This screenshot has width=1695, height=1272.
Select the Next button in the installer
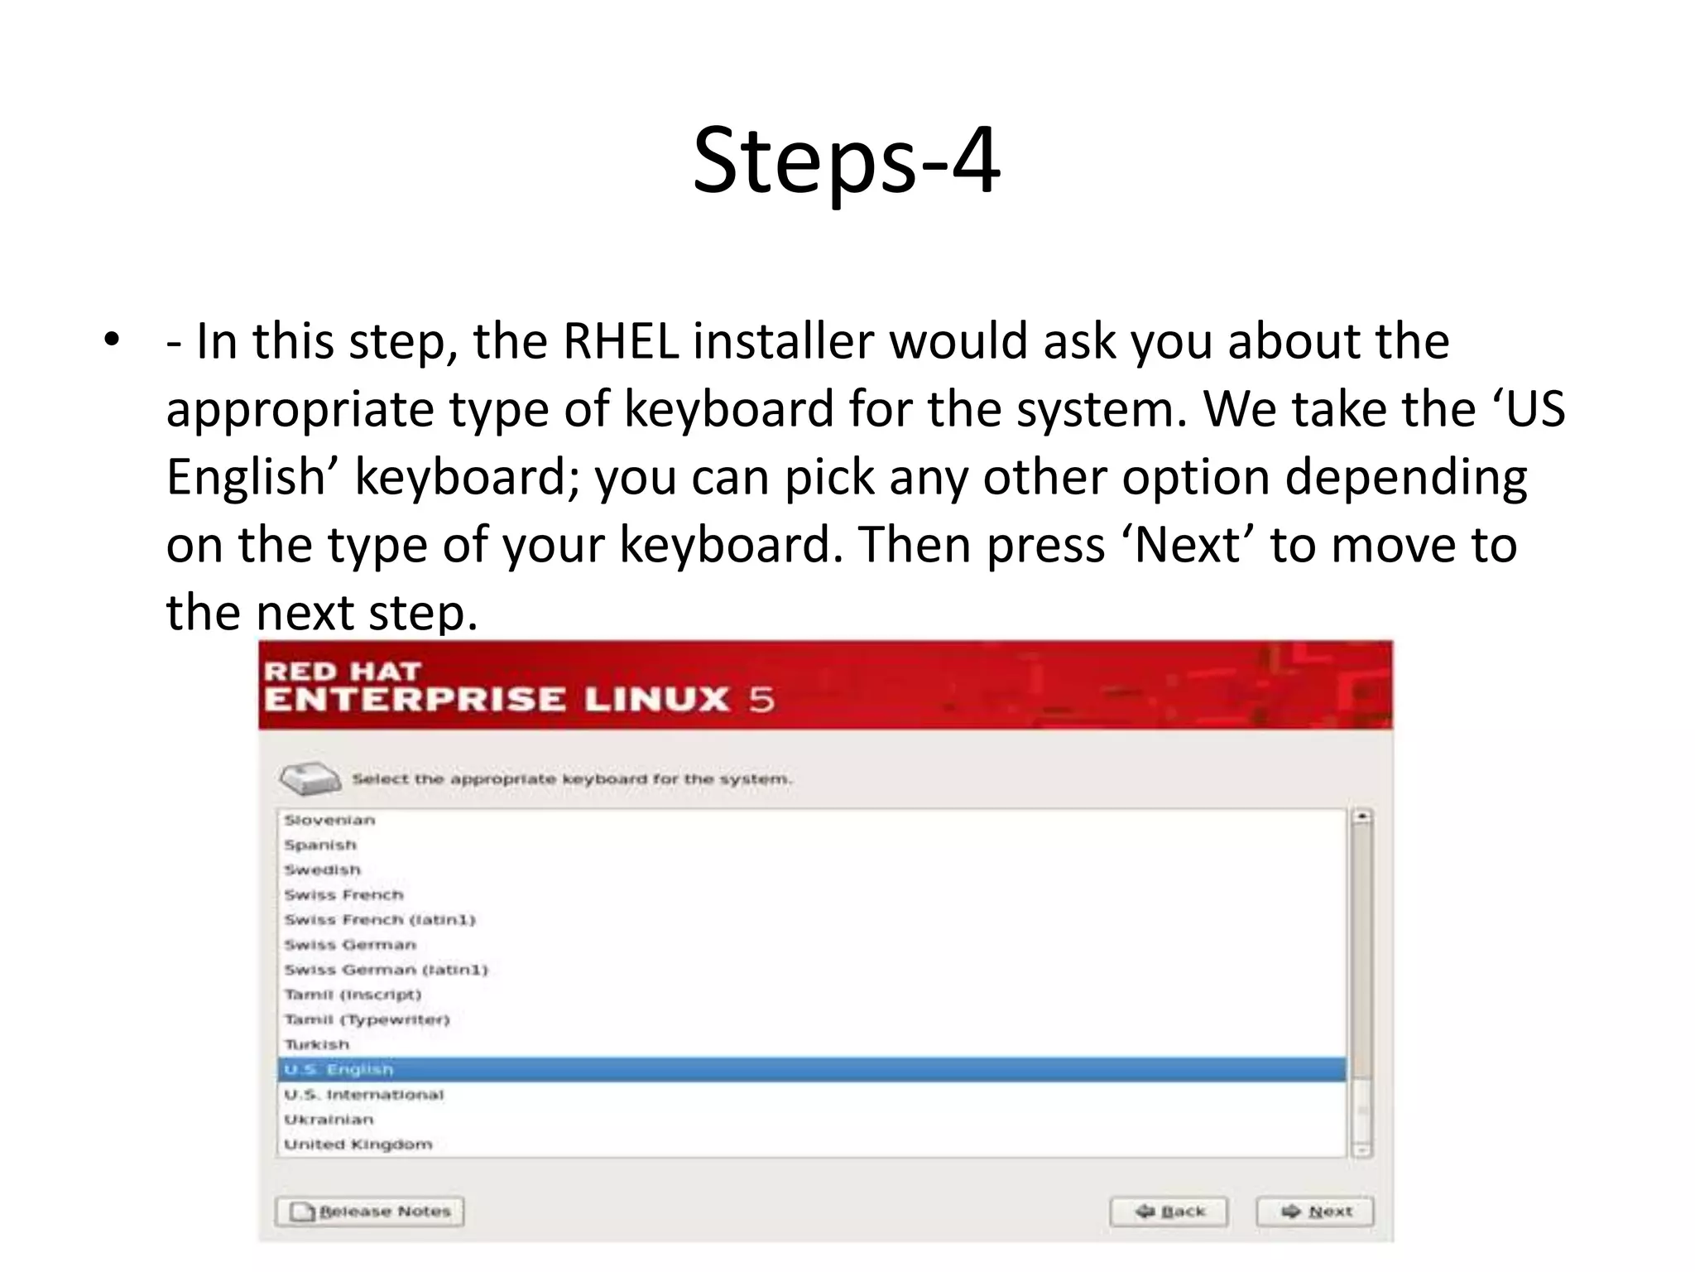click(x=1315, y=1212)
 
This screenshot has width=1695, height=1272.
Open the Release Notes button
click(x=369, y=1212)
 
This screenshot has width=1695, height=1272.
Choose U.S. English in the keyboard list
click(x=339, y=1070)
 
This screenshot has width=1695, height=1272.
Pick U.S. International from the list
click(x=364, y=1095)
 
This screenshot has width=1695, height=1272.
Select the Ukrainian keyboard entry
click(x=329, y=1120)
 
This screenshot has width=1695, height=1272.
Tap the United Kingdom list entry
click(x=358, y=1144)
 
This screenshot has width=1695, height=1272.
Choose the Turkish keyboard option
click(x=317, y=1045)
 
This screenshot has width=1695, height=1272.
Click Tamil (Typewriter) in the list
click(x=367, y=1019)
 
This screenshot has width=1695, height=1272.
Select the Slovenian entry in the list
click(x=329, y=820)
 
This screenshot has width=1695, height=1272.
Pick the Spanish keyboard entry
click(x=320, y=845)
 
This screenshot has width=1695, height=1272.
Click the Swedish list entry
click(x=323, y=870)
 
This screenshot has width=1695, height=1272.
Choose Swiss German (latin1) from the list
click(x=386, y=970)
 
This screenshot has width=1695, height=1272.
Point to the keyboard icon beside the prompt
click(x=310, y=778)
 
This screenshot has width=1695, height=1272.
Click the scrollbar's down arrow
click(x=1361, y=1149)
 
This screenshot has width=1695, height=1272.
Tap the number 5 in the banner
click(x=761, y=700)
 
